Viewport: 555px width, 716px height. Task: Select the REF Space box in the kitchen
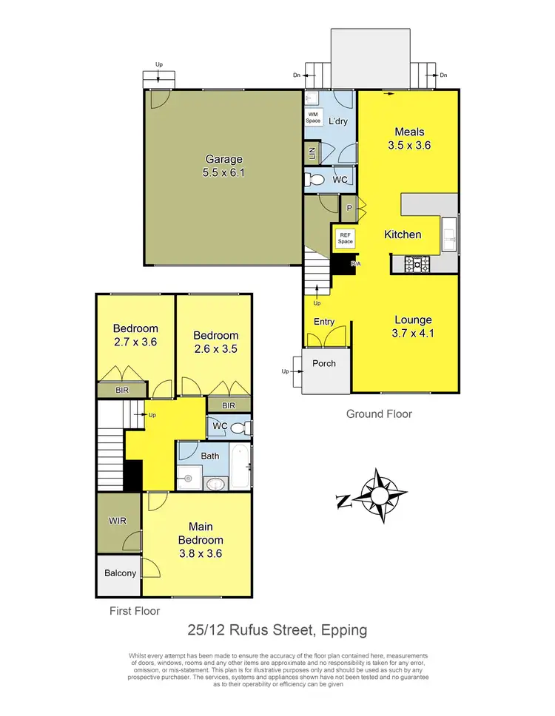[346, 237]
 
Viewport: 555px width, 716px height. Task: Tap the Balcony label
[118, 573]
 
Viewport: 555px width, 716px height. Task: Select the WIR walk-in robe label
[118, 521]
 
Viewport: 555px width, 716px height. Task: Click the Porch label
[324, 363]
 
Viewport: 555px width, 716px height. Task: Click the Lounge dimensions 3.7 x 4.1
[413, 333]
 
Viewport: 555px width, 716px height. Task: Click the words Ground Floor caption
[379, 414]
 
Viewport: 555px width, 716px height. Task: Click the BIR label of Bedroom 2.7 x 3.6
[121, 388]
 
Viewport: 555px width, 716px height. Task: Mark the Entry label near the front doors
[324, 322]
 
